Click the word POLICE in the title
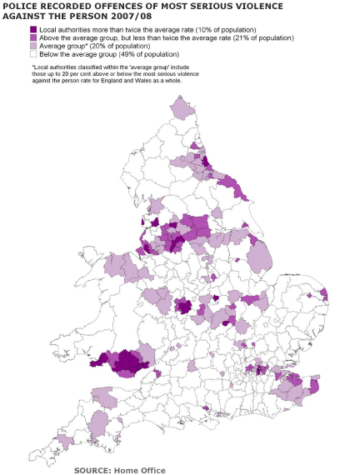21,6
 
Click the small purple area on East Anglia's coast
323,293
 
